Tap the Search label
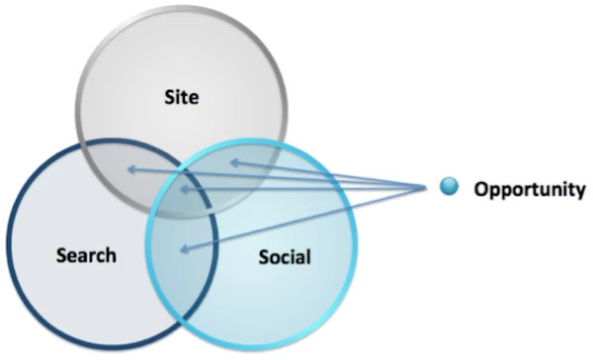coord(85,255)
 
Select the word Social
coord(284,258)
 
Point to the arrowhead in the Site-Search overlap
coord(129,171)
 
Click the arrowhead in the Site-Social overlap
coord(229,163)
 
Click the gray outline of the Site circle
coord(79,99)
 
